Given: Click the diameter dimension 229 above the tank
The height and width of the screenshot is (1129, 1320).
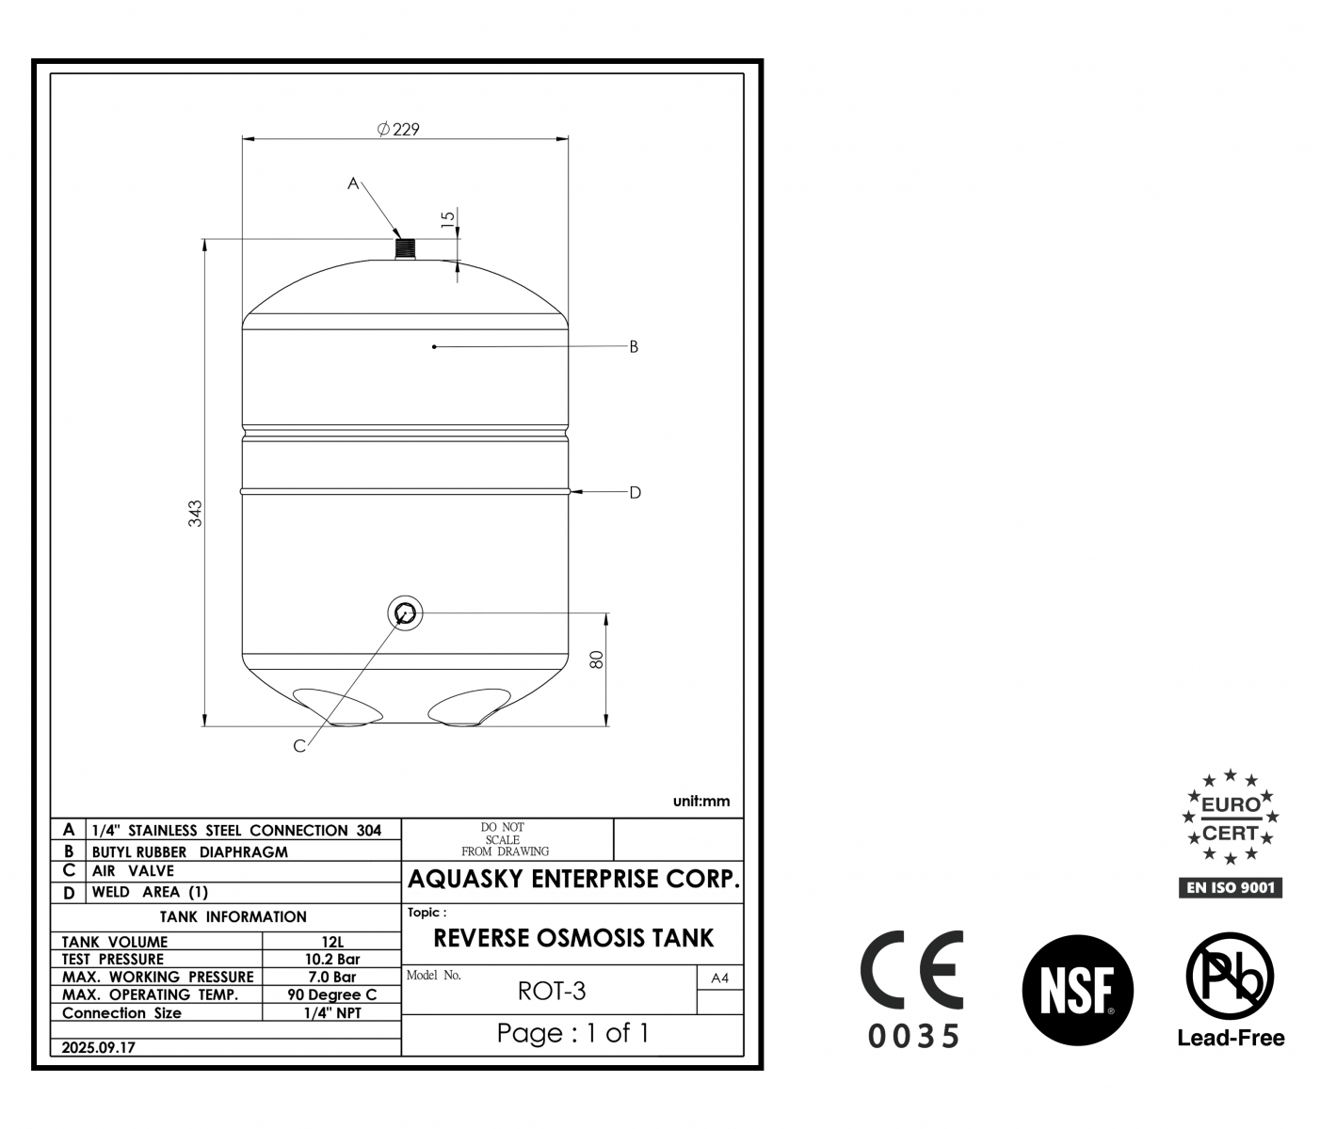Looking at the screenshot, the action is [x=398, y=130].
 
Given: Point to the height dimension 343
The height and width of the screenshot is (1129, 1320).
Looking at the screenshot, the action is [x=195, y=514].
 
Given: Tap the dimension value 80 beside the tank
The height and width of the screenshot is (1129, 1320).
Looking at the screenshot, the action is [x=597, y=660].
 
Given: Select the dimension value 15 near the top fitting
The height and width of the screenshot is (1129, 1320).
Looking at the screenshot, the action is [x=448, y=217].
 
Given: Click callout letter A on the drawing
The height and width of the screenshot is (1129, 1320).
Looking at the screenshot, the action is [x=353, y=183].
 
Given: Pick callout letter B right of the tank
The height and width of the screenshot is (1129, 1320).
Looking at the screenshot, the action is [x=634, y=346].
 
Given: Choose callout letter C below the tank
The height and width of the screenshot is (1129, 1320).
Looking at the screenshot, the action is [x=299, y=746].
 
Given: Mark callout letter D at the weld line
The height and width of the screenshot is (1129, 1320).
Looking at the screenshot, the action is [x=635, y=493].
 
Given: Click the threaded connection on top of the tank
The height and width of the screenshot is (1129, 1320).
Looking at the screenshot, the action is [x=405, y=248].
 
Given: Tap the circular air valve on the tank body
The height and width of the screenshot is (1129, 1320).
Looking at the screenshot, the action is [x=405, y=613].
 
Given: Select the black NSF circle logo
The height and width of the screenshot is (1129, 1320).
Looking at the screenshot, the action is [x=1077, y=990].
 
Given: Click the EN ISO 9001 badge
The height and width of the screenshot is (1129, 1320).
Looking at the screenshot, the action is [x=1230, y=888].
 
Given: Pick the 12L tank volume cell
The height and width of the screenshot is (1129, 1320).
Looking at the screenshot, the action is [x=332, y=942].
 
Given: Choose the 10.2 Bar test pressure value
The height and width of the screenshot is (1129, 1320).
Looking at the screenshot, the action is [x=332, y=960].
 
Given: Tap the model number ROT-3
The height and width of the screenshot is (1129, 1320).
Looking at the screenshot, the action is [x=551, y=991].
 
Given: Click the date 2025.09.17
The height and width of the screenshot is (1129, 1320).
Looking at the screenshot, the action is [x=98, y=1047].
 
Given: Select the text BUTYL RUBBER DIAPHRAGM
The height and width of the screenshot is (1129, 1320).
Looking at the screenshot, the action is [x=189, y=852].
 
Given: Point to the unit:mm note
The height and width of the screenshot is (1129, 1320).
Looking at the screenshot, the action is [x=701, y=802].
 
